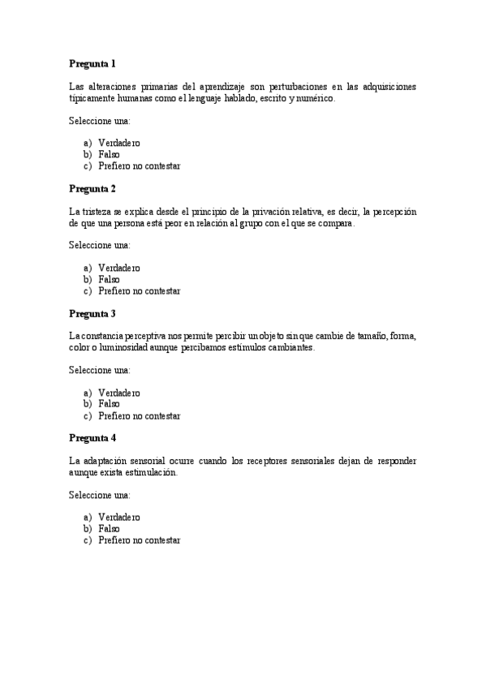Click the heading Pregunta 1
coord(92,63)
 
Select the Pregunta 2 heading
coord(92,188)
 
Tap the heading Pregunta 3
coord(92,313)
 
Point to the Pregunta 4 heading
coord(92,438)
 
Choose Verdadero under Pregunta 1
coord(119,143)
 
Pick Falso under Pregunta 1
coord(109,154)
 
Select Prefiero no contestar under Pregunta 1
coord(139,166)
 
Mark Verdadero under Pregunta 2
coord(119,268)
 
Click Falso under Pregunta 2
coord(109,279)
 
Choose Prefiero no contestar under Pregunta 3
coord(139,415)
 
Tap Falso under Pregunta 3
coord(109,404)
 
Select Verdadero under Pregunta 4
coord(119,517)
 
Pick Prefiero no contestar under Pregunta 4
coord(139,540)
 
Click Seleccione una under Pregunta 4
coord(99,495)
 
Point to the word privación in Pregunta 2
coord(287,212)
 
